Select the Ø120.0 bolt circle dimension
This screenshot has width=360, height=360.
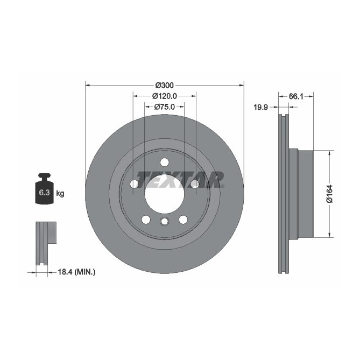164,96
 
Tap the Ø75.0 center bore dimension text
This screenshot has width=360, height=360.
164,107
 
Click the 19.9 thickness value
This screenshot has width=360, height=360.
261,108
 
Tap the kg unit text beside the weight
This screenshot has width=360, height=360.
60,193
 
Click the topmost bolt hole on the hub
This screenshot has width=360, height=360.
164,162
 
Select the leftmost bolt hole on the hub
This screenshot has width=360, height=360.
134,184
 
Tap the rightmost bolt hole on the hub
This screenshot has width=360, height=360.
194,184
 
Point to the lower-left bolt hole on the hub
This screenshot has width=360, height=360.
145,219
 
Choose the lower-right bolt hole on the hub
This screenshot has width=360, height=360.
183,219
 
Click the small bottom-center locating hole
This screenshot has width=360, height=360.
164,222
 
